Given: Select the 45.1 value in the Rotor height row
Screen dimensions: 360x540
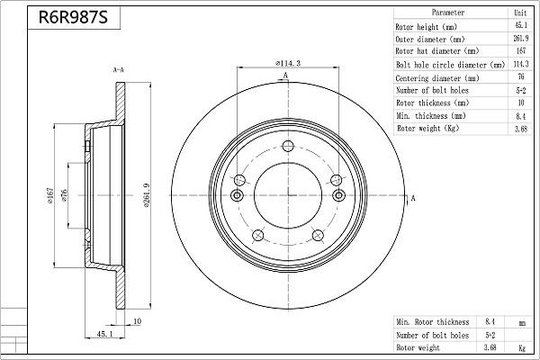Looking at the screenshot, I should tap(519, 27).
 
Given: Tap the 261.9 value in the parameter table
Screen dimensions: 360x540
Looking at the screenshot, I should tap(519, 40).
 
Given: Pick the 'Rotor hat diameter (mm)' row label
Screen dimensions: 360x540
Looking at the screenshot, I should tap(436, 52).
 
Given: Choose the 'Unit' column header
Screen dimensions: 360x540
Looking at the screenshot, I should tap(519, 13).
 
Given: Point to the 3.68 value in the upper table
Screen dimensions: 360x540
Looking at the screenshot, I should tap(519, 130).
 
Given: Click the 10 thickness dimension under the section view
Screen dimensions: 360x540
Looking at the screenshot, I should tap(137, 321).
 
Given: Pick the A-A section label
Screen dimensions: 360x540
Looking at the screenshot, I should tap(118, 70).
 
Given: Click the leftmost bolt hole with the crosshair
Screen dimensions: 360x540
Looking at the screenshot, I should tap(238, 196).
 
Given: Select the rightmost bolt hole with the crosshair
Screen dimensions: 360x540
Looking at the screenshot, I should tap(338, 196).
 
